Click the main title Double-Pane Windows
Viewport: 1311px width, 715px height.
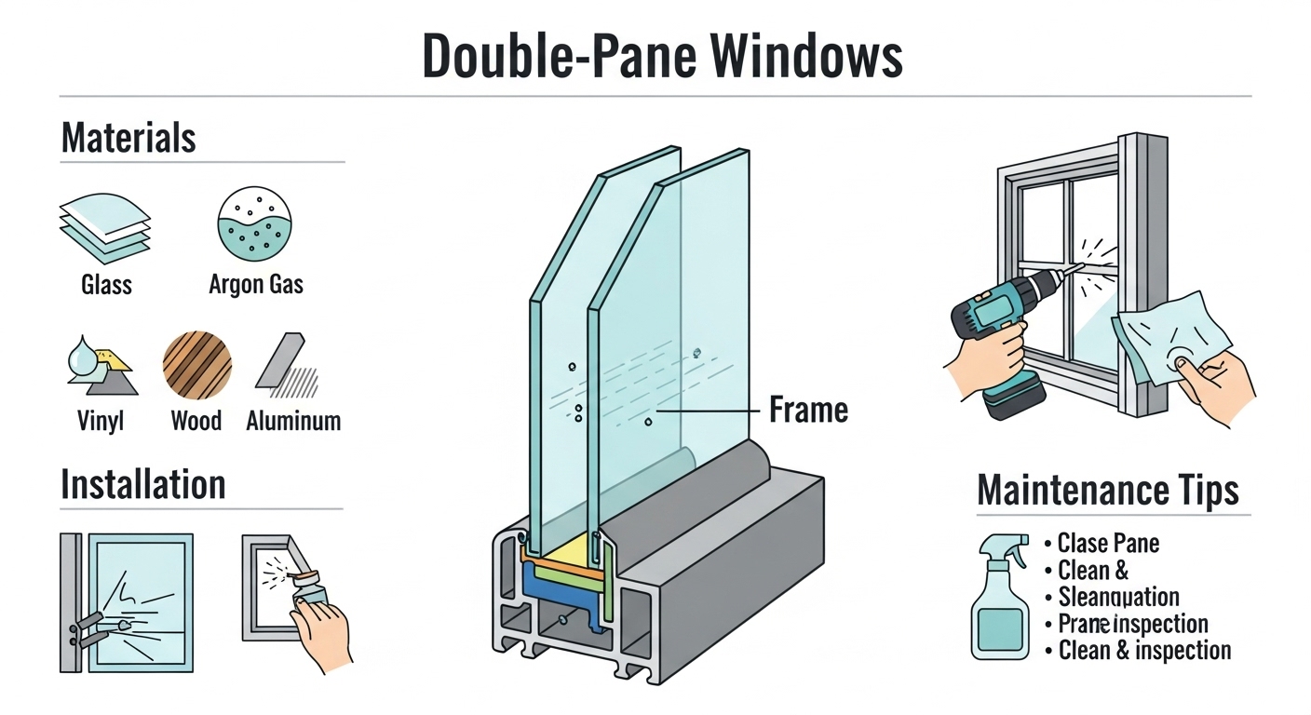click(662, 58)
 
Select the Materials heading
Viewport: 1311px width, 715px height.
click(128, 138)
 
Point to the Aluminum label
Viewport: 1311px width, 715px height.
click(293, 421)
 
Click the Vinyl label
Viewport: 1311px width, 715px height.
click(101, 421)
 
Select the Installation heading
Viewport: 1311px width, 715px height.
click(142, 485)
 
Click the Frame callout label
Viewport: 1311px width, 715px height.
click(808, 410)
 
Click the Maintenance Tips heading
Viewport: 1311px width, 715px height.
click(1108, 490)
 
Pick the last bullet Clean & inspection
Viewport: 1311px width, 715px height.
click(1144, 650)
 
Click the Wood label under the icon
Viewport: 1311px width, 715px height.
click(196, 421)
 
